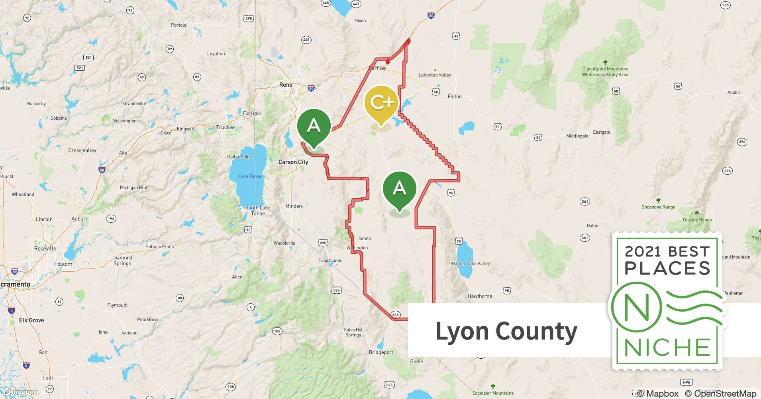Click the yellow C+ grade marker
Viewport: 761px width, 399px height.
pyautogui.click(x=381, y=103)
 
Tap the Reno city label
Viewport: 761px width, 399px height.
pyautogui.click(x=286, y=85)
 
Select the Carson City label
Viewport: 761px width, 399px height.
pyautogui.click(x=293, y=162)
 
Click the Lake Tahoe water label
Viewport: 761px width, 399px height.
pyautogui.click(x=250, y=176)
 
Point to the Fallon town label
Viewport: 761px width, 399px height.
pyautogui.click(x=455, y=97)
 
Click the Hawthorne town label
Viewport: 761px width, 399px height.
pyautogui.click(x=480, y=296)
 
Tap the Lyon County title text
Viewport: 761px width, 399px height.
pyautogui.click(x=506, y=331)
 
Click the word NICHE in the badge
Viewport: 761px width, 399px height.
pyautogui.click(x=667, y=348)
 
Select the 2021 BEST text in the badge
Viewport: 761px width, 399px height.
pyautogui.click(x=667, y=251)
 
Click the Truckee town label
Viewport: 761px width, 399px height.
pyautogui.click(x=226, y=128)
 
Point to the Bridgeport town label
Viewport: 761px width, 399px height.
pyautogui.click(x=381, y=352)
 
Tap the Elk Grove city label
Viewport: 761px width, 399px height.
pyautogui.click(x=31, y=320)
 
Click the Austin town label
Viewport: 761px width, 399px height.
pyautogui.click(x=734, y=93)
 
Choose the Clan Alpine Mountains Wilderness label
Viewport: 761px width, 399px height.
pyautogui.click(x=605, y=72)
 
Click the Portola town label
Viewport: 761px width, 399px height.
pyautogui.click(x=178, y=25)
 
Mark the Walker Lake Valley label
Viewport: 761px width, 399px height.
pyautogui.click(x=470, y=264)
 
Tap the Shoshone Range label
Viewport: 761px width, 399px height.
pyautogui.click(x=658, y=207)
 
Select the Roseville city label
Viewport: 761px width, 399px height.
pyautogui.click(x=45, y=249)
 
